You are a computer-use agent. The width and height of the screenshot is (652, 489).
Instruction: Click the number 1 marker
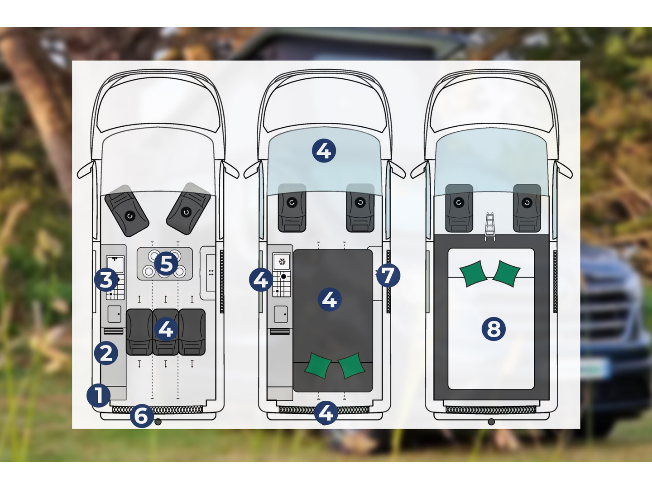98,395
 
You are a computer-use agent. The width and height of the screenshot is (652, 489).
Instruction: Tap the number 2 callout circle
106,353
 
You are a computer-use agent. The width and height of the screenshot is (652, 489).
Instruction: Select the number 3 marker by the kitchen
106,280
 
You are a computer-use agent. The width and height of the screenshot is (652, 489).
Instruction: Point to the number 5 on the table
166,264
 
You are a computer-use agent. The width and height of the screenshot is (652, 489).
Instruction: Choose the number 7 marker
388,275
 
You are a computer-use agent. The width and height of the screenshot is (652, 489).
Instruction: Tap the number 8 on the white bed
494,329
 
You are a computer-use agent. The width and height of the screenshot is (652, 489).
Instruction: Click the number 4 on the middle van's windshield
324,151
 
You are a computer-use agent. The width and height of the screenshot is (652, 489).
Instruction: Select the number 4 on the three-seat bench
166,329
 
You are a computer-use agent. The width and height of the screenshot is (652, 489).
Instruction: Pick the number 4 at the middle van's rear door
326,412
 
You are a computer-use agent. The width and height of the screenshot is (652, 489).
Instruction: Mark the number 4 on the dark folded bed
330,299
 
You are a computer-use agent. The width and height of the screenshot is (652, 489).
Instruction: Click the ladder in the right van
490,226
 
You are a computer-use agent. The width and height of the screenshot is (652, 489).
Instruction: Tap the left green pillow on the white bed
473,273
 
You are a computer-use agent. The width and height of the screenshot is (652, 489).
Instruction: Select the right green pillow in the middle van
351,365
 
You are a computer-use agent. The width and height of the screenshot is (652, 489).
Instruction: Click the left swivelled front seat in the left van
127,211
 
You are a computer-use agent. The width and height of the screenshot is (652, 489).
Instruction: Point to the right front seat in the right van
527,208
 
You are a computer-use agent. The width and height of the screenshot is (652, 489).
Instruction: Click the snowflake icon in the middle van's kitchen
282,262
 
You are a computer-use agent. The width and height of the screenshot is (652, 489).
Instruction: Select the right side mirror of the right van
564,170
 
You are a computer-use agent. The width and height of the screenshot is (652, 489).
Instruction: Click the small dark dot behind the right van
491,422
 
